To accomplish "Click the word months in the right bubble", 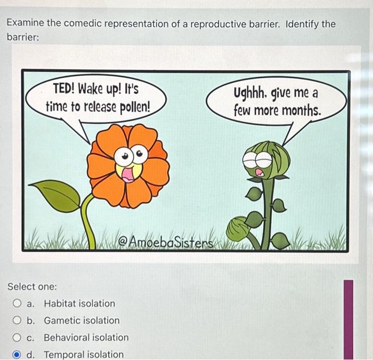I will pos(302,111).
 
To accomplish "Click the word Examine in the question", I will pos(26,24).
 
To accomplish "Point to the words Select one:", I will pos(32,286).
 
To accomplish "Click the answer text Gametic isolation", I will pos(82,321).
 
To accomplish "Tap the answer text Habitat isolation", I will pos(79,303).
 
